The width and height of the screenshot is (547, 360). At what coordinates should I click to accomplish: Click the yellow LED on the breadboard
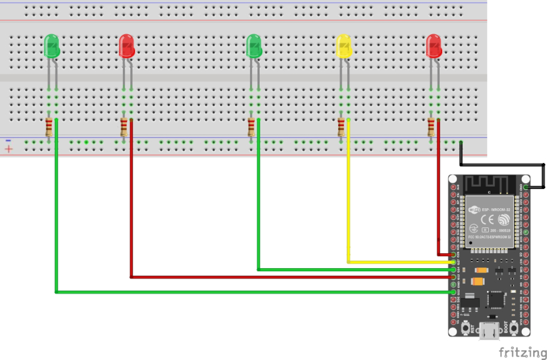tap(344, 46)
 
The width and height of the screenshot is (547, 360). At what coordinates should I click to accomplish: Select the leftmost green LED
tap(52, 46)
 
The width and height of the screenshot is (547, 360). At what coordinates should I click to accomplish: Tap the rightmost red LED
tap(434, 46)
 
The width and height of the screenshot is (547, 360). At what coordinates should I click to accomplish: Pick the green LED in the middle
tap(254, 46)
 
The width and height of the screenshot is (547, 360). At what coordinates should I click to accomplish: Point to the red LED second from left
tap(126, 46)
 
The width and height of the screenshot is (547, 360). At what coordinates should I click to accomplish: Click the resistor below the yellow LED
tap(341, 127)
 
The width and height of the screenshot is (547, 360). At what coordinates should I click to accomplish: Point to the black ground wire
tap(504, 164)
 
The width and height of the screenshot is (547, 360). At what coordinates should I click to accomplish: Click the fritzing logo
tap(522, 352)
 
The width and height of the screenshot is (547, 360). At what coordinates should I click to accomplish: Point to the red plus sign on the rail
tap(8, 149)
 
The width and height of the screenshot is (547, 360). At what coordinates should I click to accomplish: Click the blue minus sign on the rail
tap(8, 141)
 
